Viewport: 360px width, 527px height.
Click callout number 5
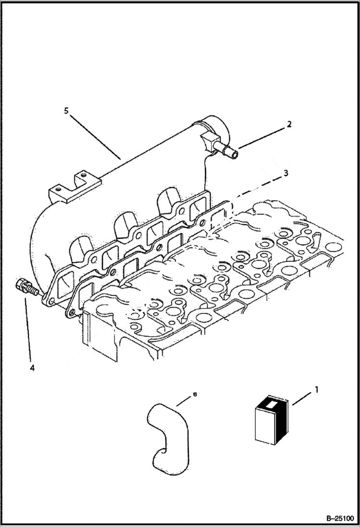click(x=66, y=111)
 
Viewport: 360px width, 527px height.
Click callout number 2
click(x=289, y=124)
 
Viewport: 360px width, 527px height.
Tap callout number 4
click(x=32, y=368)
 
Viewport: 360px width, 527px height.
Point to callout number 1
click(x=316, y=391)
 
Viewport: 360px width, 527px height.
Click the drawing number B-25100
click(x=335, y=518)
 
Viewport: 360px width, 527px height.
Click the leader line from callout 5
click(x=94, y=134)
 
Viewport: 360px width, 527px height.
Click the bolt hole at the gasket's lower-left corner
click(x=71, y=312)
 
